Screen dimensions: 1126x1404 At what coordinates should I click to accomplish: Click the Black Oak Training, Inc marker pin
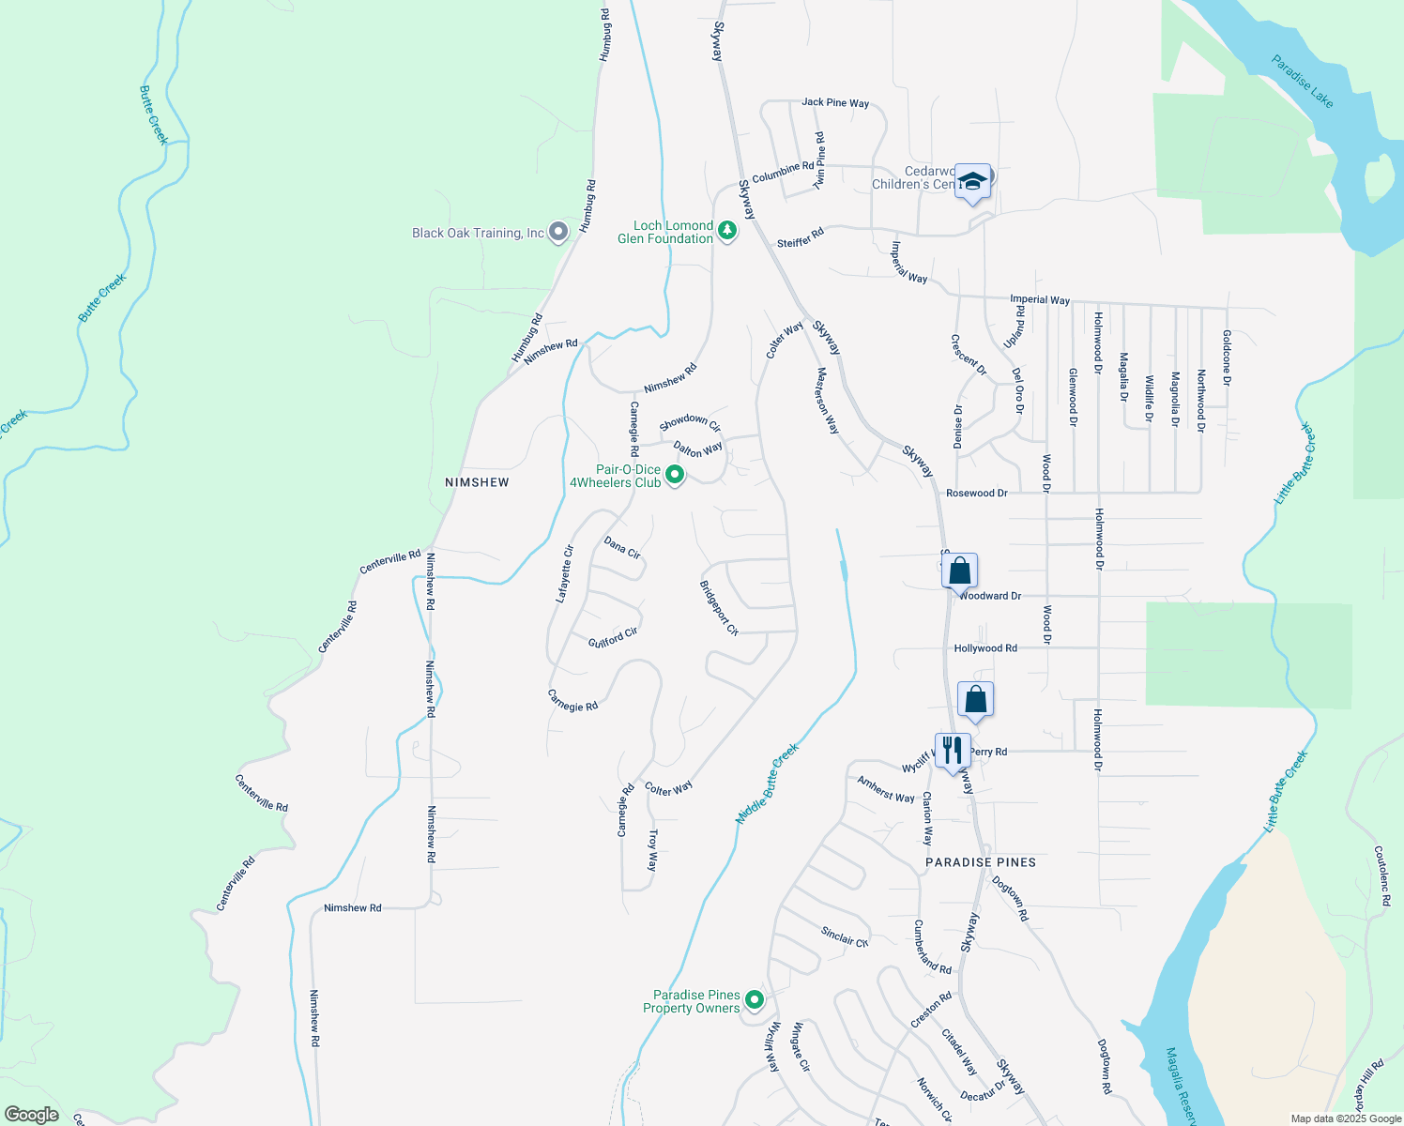click(558, 232)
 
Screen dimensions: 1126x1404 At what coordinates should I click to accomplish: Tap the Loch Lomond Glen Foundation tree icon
click(726, 230)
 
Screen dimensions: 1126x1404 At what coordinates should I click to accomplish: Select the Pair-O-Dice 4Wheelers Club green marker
click(675, 476)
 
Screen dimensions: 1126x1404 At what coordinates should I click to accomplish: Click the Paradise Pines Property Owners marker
click(755, 1000)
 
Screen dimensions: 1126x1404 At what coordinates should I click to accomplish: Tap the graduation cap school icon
click(972, 181)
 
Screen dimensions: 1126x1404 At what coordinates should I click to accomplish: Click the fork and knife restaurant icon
click(953, 750)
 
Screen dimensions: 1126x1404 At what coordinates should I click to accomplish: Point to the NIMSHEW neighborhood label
click(477, 482)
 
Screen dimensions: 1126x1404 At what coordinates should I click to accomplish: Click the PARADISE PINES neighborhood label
click(981, 862)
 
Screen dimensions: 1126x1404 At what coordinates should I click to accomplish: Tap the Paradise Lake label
click(1303, 81)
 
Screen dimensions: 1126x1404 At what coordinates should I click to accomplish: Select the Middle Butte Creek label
click(767, 784)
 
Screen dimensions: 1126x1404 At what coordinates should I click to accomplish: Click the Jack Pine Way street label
click(835, 103)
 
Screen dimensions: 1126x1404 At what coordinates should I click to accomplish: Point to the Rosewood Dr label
click(976, 493)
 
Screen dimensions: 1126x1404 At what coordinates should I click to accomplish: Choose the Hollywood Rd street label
click(985, 648)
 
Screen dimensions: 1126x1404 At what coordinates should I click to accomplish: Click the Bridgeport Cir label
click(720, 608)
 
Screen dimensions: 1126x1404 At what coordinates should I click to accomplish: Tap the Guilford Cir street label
click(613, 638)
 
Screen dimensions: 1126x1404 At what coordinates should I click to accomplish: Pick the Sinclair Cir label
click(845, 936)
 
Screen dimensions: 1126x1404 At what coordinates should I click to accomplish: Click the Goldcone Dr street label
click(1227, 358)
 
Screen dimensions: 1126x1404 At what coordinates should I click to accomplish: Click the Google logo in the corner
click(32, 1115)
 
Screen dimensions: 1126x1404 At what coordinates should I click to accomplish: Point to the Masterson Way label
click(827, 401)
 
